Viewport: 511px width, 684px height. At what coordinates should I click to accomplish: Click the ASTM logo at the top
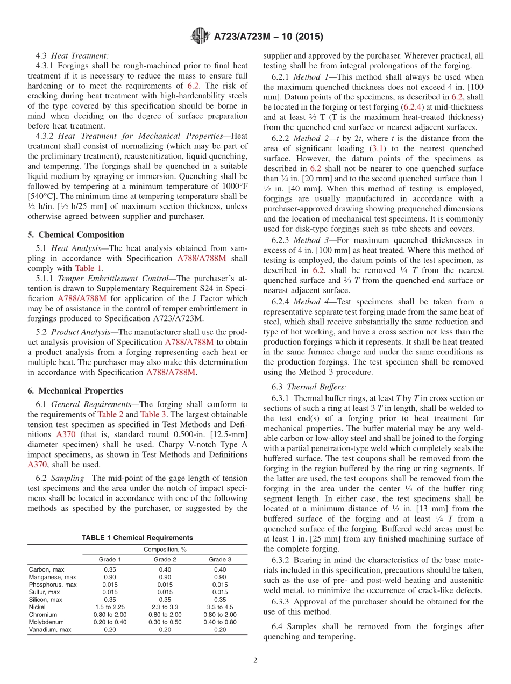pos(201,37)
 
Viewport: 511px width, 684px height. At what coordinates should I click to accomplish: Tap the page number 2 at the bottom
pos(256,661)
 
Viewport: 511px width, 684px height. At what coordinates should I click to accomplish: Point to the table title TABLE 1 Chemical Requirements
pos(137,538)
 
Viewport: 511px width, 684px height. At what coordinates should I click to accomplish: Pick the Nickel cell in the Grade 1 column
pos(110,607)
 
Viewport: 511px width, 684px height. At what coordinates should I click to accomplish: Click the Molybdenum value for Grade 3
pos(221,622)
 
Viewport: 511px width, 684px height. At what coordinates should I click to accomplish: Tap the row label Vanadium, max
pos(49,630)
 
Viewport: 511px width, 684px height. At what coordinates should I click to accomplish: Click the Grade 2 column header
pos(165,559)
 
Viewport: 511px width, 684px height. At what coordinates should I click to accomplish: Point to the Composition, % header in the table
pos(165,550)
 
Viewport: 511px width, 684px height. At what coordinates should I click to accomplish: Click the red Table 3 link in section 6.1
pos(153,414)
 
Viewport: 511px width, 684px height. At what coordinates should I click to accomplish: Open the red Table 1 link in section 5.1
pos(88,268)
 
